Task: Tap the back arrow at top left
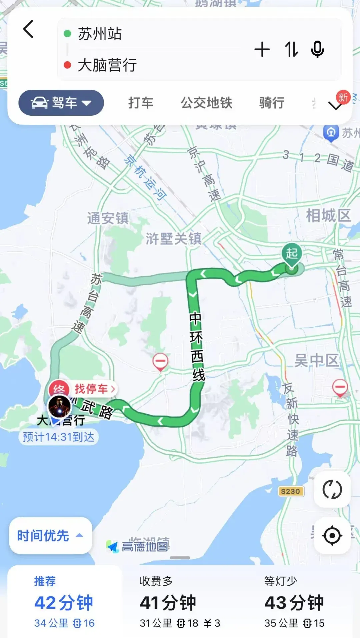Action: pyautogui.click(x=29, y=29)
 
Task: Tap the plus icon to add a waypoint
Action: pyautogui.click(x=262, y=50)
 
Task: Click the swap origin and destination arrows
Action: pyautogui.click(x=291, y=50)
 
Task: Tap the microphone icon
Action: pyautogui.click(x=317, y=50)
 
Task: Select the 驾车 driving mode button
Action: pyautogui.click(x=61, y=103)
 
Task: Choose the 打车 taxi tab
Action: pyautogui.click(x=141, y=103)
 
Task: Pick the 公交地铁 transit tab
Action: pyautogui.click(x=206, y=103)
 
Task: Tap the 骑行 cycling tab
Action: pyautogui.click(x=272, y=103)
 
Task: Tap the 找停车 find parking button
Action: pyautogui.click(x=94, y=389)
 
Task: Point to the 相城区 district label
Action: pyautogui.click(x=328, y=216)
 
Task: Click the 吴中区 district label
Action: pyautogui.click(x=316, y=360)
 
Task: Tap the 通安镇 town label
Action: pyautogui.click(x=108, y=218)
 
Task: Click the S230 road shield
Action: pyautogui.click(x=290, y=491)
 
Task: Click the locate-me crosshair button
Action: pyautogui.click(x=332, y=536)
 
